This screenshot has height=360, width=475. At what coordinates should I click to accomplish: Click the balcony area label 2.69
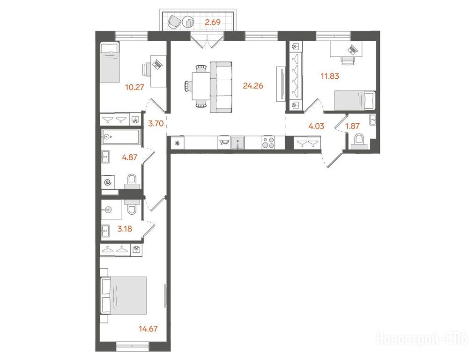point(213,22)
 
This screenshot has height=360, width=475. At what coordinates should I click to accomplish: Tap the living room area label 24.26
point(253,86)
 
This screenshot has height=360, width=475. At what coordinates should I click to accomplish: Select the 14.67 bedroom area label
point(148,329)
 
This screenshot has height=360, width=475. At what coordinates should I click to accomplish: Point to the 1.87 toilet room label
point(353,126)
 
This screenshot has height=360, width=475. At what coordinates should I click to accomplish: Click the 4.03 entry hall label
point(316,126)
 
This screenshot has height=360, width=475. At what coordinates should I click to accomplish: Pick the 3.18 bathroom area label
point(125,229)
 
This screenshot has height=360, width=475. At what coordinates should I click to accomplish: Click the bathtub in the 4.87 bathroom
point(121,137)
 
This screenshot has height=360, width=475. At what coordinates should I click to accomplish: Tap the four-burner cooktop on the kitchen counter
point(268,142)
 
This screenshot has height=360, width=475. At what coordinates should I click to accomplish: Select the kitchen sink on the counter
point(237,142)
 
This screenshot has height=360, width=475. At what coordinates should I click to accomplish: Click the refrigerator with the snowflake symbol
point(178,142)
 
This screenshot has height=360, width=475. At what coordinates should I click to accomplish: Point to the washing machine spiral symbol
point(108,182)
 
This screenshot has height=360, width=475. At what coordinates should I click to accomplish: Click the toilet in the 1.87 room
point(359,142)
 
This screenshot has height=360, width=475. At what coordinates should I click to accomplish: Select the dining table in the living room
point(200,86)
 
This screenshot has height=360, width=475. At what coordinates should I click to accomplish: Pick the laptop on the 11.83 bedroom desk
point(352,49)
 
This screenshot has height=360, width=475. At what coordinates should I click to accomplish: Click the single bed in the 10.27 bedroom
point(110,62)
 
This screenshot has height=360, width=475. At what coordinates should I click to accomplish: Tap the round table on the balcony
point(188,22)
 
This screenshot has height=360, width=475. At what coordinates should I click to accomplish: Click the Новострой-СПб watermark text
point(422,338)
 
